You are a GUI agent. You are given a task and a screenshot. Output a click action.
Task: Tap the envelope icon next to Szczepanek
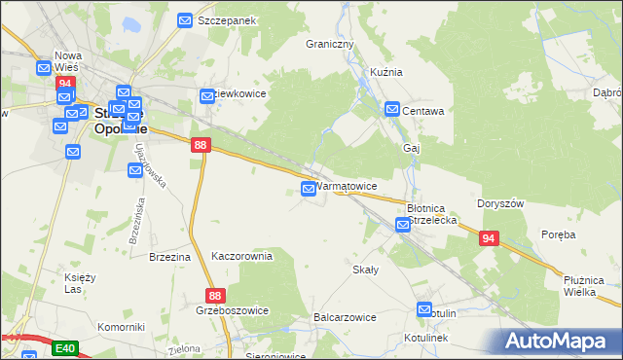point(186,19)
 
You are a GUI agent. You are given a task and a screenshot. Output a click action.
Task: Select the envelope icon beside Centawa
point(391,110)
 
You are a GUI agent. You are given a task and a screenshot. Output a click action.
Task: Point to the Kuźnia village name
point(386,72)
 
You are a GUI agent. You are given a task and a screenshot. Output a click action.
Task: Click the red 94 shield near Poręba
point(488,237)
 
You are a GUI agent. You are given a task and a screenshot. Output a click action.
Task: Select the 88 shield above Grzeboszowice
point(216,295)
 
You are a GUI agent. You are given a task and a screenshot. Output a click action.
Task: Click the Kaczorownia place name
point(241,256)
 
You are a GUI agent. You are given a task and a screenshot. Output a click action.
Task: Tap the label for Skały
point(365,270)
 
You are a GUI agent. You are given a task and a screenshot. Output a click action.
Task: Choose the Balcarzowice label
point(345,317)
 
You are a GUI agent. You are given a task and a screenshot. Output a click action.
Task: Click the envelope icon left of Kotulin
point(424,310)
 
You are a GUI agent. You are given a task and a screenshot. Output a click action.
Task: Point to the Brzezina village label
point(169,257)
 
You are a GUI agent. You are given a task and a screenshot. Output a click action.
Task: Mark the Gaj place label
point(411,148)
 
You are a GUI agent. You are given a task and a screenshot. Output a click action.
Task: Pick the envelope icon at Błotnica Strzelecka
point(403,226)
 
